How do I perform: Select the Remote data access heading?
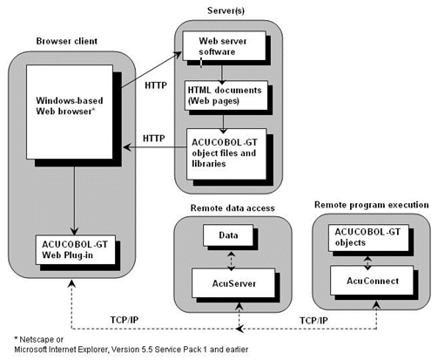[228, 208]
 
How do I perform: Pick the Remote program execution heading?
[371, 204]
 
